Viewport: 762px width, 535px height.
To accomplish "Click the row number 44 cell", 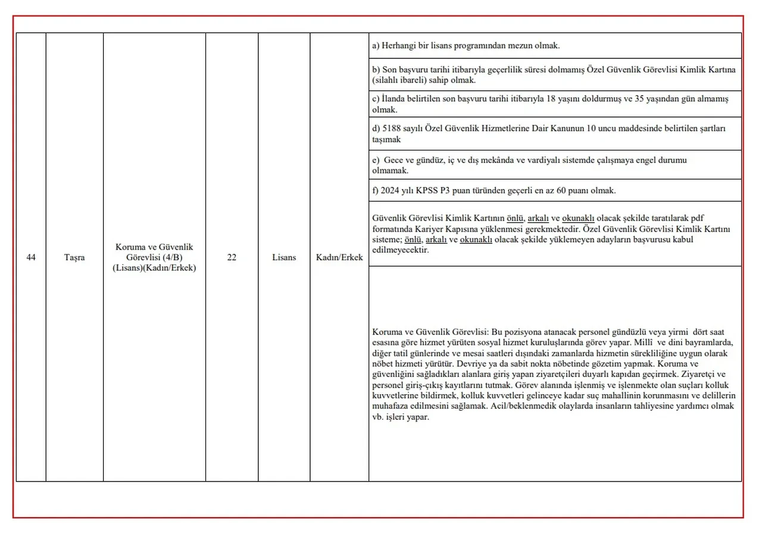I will tap(31, 257).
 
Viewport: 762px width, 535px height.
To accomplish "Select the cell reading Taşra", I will tap(74, 257).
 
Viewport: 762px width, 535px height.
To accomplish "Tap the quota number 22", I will tap(232, 257).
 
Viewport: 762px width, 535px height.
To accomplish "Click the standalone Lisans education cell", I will tap(284, 257).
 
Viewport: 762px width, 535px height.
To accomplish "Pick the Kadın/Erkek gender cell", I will tap(339, 257).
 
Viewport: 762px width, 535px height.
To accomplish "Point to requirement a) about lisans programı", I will tap(466, 45).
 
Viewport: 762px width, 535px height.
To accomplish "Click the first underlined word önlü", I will tap(515, 218).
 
